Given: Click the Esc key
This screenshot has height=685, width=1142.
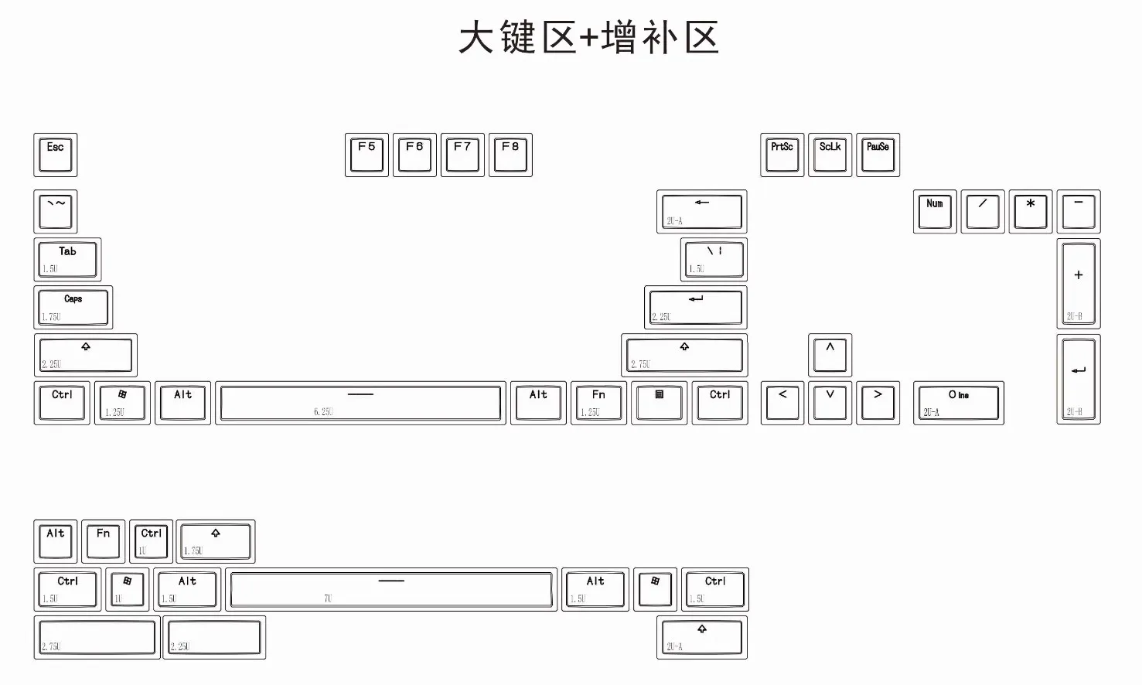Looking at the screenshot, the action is (55, 155).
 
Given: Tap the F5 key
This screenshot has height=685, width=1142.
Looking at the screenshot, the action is (366, 155).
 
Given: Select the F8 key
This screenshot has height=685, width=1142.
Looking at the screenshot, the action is (510, 155).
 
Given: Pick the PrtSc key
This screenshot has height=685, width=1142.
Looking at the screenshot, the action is (782, 155).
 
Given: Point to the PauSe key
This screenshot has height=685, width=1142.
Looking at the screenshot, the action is (878, 155).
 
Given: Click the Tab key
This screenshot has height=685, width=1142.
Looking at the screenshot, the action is (67, 260).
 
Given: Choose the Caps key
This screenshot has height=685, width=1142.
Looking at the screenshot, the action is (73, 307).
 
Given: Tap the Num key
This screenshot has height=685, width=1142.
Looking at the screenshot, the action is (935, 211).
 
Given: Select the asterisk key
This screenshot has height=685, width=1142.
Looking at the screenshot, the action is (1030, 211).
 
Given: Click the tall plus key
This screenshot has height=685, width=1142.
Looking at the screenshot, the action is (1078, 283).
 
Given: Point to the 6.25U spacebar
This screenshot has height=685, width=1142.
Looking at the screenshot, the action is (360, 403).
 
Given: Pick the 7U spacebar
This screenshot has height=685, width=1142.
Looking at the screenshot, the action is (391, 589).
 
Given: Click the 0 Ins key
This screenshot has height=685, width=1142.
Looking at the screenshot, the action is (958, 403).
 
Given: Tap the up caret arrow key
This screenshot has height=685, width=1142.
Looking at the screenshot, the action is (830, 355).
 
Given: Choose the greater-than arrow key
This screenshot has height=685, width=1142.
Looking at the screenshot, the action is (878, 403).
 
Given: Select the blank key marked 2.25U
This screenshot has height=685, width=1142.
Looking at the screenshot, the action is (214, 637).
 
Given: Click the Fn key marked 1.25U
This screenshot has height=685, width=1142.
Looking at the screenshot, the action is (598, 403).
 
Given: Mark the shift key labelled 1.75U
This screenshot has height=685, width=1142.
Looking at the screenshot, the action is (216, 541).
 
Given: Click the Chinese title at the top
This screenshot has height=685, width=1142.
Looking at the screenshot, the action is (588, 38).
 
